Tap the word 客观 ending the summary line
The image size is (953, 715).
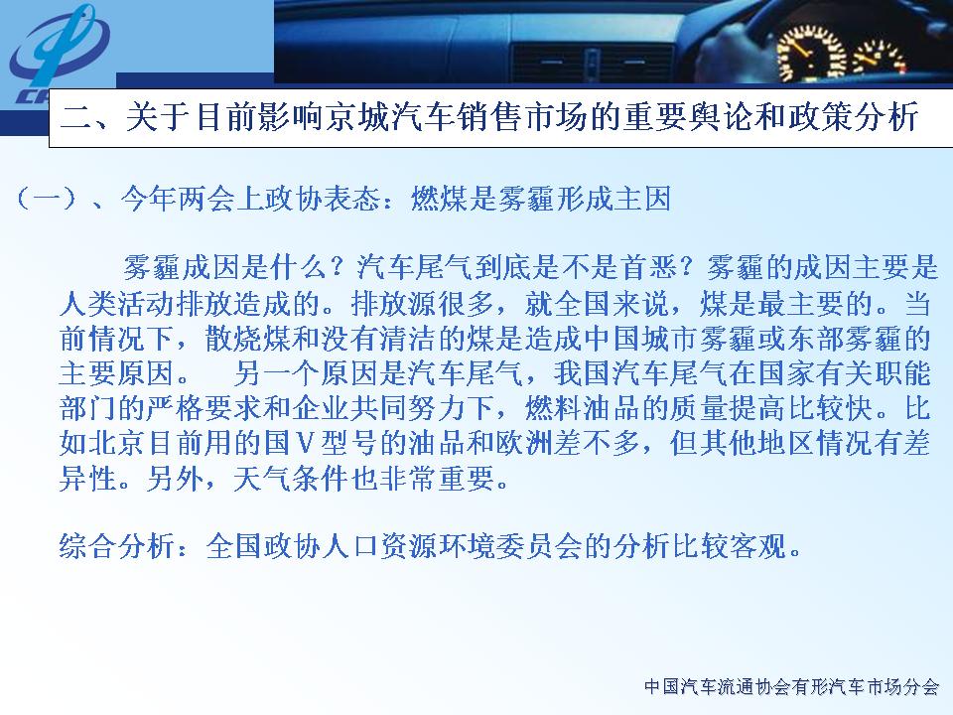click(758, 546)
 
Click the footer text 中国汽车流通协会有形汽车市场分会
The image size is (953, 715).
click(791, 687)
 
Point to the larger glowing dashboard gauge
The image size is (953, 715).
click(811, 53)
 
